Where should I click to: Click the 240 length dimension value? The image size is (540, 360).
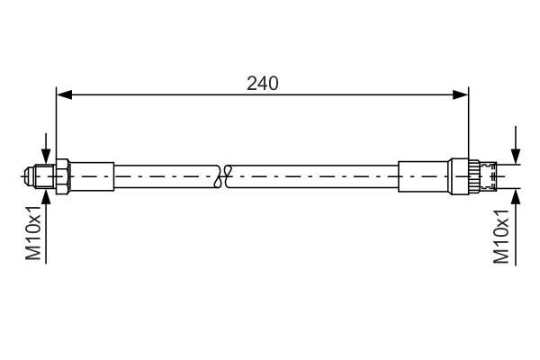pyautogui.click(x=262, y=83)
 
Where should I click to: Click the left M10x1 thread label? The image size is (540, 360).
pyautogui.click(x=33, y=233)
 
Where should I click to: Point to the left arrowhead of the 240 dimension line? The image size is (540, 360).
pyautogui.click(x=62, y=93)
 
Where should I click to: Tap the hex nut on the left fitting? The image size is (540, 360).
pyautogui.click(x=63, y=175)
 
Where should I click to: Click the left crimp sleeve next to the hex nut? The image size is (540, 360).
pyautogui.click(x=92, y=175)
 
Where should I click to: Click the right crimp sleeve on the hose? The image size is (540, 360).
pyautogui.click(x=424, y=175)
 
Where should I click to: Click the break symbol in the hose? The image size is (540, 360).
pyautogui.click(x=224, y=175)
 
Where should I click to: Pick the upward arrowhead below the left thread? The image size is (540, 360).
pyautogui.click(x=45, y=193)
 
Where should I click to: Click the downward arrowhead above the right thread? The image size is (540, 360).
pyautogui.click(x=516, y=157)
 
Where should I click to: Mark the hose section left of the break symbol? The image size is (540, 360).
pyautogui.click(x=166, y=175)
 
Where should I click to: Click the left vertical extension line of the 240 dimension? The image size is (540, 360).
pyautogui.click(x=56, y=126)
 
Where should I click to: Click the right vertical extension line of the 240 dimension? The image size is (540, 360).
pyautogui.click(x=469, y=126)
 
